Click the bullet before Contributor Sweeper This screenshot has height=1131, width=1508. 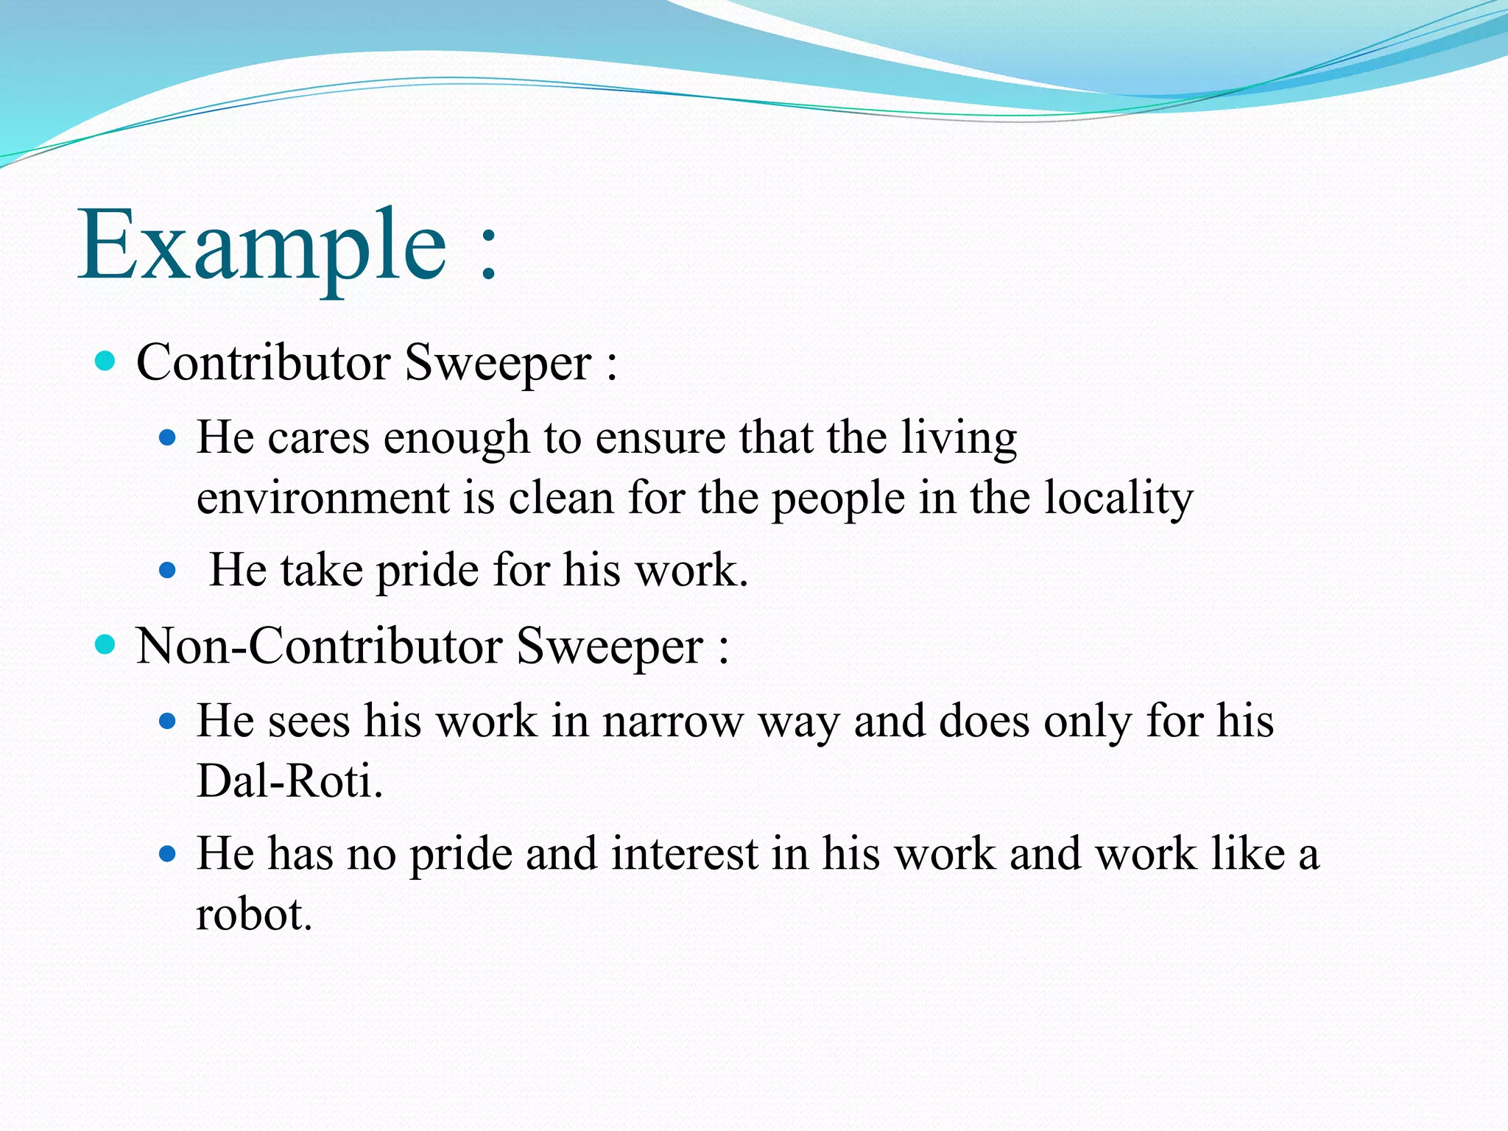106,361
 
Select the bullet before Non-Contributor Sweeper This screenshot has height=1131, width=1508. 106,644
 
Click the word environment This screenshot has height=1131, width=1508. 323,498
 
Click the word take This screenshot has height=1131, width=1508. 322,570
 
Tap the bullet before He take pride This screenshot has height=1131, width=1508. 168,570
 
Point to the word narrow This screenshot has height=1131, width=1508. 672,721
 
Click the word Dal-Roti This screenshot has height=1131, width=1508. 289,781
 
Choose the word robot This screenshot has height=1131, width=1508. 254,915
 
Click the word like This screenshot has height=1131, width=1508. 1248,854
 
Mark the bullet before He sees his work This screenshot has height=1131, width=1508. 168,721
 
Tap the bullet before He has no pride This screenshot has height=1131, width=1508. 168,854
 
